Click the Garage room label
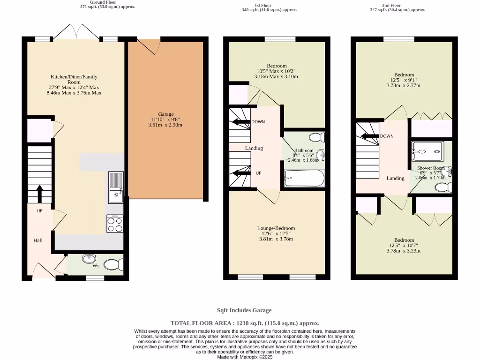(x=165, y=114)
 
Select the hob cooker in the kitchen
(x=115, y=224)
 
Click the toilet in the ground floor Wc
(x=113, y=265)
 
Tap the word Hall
(x=38, y=240)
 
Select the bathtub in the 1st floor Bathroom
(x=304, y=179)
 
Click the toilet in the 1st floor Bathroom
(x=317, y=137)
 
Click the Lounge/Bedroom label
(x=276, y=228)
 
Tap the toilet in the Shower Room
(x=443, y=187)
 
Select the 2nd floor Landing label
(x=395, y=178)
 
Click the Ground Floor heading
(x=103, y=2)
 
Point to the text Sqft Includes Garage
(x=244, y=310)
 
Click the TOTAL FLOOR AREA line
(x=245, y=323)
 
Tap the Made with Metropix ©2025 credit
(x=245, y=357)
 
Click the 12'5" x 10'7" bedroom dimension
(x=404, y=245)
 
